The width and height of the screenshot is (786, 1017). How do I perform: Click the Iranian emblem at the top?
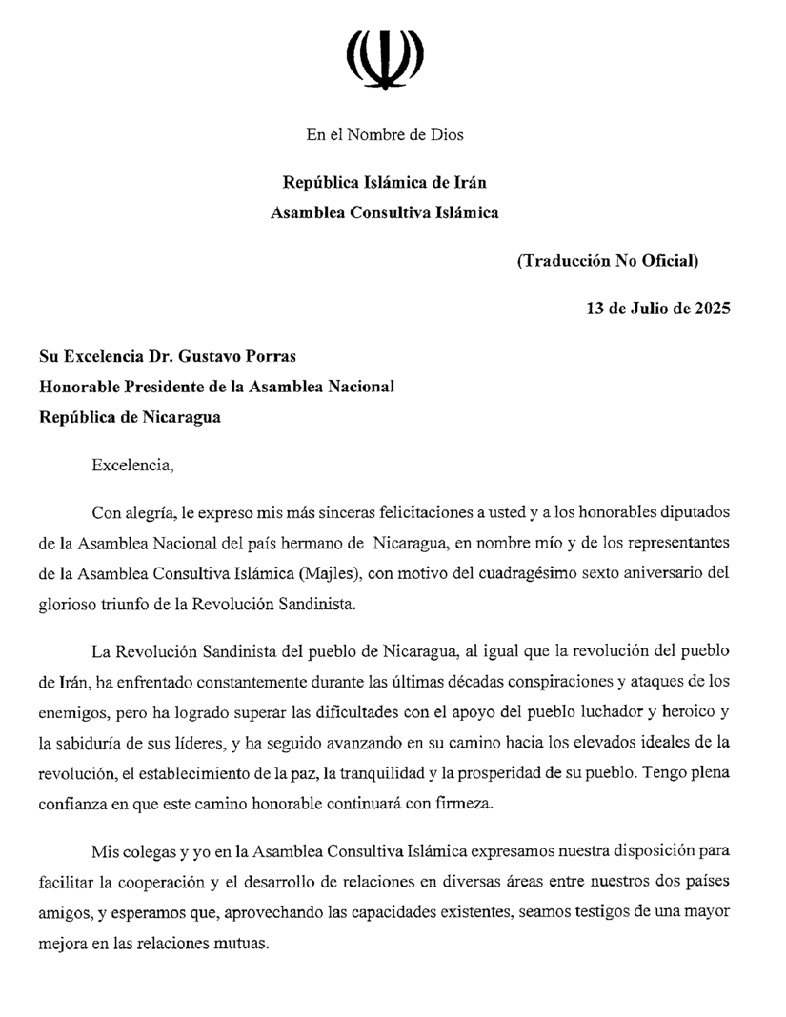(385, 59)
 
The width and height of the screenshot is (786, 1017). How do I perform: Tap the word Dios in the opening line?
(447, 134)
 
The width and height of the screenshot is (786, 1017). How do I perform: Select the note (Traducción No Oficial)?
(608, 261)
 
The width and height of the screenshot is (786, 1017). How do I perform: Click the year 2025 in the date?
(712, 309)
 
